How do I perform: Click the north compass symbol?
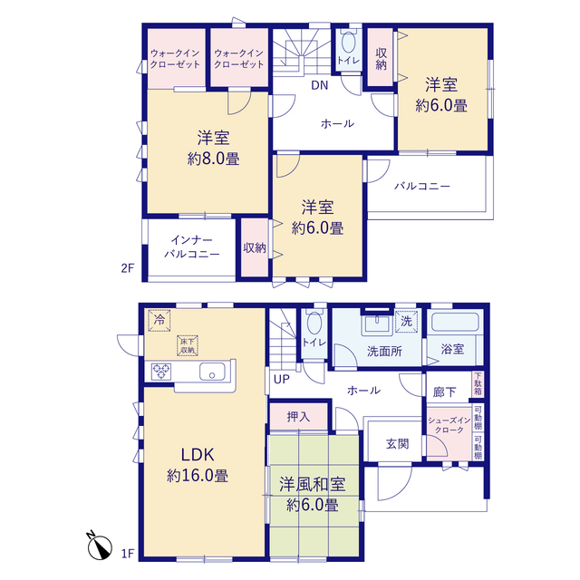point(99,546)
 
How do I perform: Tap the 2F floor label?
point(128,268)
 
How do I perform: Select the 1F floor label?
point(128,554)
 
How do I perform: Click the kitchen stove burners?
point(161,372)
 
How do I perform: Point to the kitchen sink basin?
point(212,372)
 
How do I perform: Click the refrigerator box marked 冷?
point(159,320)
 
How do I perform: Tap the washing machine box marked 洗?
point(407,321)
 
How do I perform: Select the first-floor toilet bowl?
point(314,324)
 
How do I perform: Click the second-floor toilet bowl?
point(348,42)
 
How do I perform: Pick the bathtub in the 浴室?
point(455,322)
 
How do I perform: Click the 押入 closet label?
point(298,417)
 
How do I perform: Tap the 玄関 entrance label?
point(397,443)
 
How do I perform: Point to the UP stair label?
point(282,380)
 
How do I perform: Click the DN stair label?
point(320,85)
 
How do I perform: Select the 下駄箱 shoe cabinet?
point(478,384)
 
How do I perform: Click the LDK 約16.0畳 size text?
point(198,476)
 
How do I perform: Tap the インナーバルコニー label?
point(191,247)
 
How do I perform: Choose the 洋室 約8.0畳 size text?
point(214,159)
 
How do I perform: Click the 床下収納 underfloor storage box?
point(188,346)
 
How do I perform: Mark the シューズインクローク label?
point(449,425)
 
